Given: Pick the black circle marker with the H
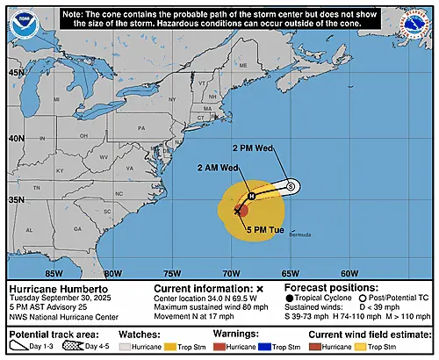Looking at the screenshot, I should pos(250,195).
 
